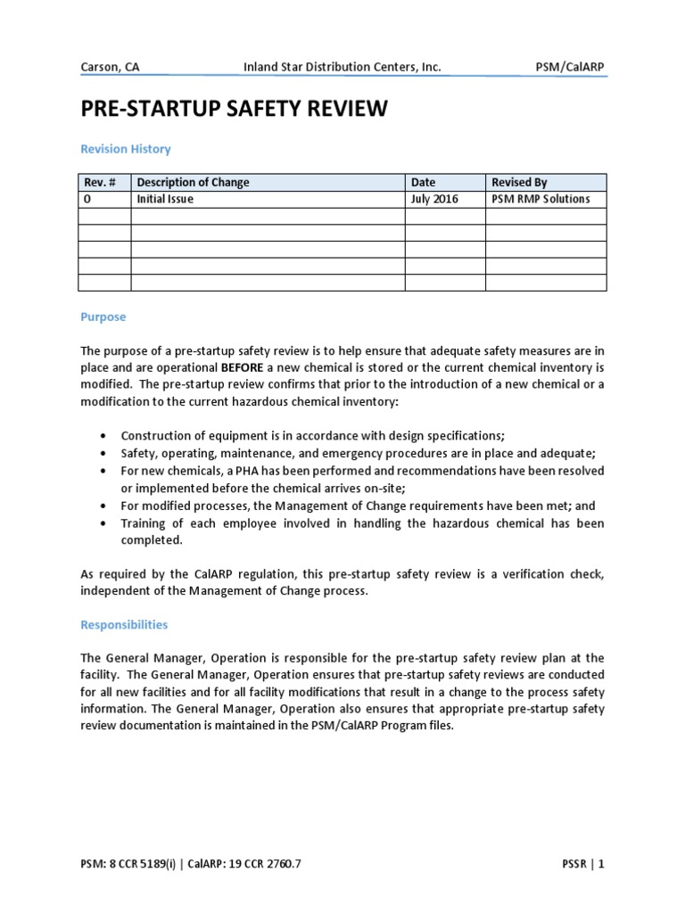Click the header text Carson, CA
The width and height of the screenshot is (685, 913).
pos(109,68)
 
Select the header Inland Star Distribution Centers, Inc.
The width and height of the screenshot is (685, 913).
pos(342,68)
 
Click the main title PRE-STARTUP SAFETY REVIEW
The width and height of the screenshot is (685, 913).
pos(235,110)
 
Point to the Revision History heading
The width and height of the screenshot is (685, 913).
pos(125,149)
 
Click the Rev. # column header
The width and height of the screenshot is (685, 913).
pos(99,183)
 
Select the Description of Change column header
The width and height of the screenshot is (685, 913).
pos(193,183)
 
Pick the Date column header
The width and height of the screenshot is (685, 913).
pos(423,183)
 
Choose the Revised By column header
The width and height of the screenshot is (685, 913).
pos(519,183)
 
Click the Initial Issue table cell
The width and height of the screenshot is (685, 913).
pos(165,200)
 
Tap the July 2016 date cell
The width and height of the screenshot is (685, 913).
pos(434,200)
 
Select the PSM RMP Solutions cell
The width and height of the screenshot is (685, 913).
pos(541,200)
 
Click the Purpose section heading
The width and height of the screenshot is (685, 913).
pos(103,317)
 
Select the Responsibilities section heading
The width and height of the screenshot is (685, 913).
pos(124,625)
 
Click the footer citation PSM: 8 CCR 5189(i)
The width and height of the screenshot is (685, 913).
pos(132,864)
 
